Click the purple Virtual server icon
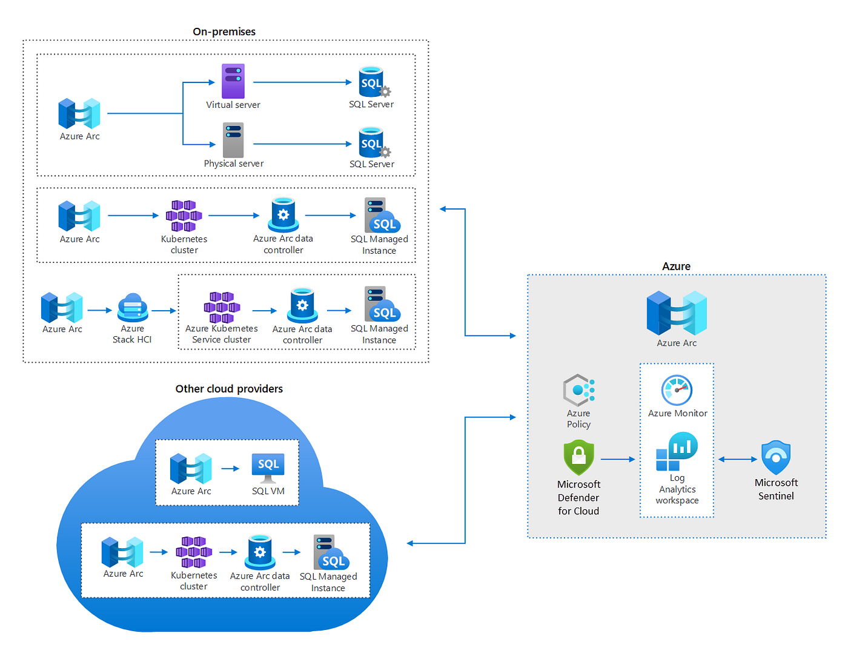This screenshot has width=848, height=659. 233,81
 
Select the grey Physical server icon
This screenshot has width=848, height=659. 233,140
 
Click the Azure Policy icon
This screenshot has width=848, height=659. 578,390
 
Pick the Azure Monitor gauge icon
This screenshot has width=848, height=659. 677,390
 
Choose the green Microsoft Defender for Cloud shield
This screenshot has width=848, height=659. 578,457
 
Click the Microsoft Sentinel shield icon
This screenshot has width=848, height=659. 775,457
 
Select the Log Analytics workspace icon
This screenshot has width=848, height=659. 677,451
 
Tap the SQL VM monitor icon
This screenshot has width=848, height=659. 268,468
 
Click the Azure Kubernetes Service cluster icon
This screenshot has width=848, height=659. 222,306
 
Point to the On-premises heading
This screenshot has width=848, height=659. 224,31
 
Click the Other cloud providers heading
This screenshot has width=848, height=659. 229,389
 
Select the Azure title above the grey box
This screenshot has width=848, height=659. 676,266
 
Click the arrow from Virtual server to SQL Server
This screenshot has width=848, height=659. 302,82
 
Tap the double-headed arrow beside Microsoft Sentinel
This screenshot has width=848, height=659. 737,459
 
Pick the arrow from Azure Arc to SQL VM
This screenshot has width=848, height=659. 230,468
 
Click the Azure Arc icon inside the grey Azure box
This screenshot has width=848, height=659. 677,313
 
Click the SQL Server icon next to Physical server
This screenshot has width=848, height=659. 374,142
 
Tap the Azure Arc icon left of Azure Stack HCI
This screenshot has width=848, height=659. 62,307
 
